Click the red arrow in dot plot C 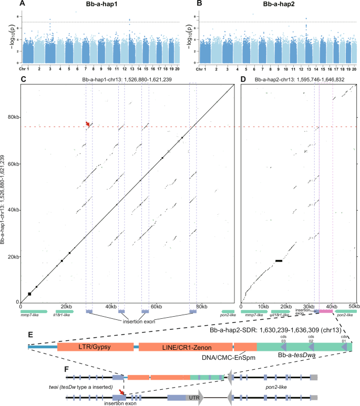[88, 124]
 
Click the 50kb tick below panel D [353, 306]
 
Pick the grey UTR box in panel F [193, 399]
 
